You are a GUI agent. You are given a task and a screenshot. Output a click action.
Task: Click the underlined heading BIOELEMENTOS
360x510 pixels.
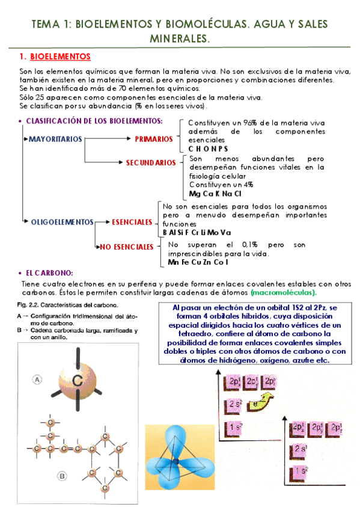click(x=59, y=57)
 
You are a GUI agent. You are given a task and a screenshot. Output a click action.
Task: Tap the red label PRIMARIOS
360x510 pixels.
click(x=154, y=140)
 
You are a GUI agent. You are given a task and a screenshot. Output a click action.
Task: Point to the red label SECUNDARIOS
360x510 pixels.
click(x=150, y=162)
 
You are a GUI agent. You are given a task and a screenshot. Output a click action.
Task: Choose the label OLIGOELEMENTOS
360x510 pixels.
click(x=63, y=222)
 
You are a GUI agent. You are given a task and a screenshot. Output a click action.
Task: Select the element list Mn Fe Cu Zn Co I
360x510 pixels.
click(x=198, y=262)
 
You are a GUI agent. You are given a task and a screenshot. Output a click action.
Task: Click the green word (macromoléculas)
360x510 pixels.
click(x=284, y=292)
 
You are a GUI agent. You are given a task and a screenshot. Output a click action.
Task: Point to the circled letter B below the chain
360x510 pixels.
click(x=62, y=476)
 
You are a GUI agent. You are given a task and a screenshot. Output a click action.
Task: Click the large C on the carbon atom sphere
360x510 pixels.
click(x=78, y=381)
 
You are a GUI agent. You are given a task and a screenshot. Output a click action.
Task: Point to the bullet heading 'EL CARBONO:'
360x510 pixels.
click(x=49, y=272)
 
